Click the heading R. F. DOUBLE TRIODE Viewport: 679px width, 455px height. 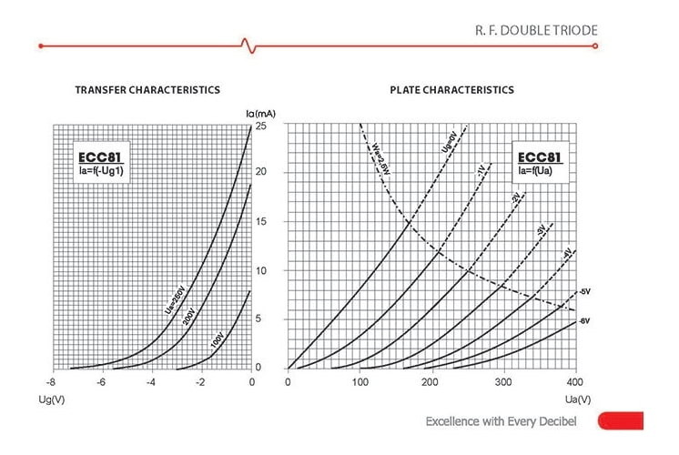536,30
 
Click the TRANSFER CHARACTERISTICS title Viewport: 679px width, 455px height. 147,90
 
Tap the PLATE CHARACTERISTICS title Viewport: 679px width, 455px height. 451,90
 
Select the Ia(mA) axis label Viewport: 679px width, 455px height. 260,113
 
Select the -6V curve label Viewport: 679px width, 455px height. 583,320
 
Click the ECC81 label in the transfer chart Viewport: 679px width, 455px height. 97,157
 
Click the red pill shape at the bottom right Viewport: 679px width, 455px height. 620,420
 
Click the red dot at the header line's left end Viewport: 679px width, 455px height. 41,45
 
